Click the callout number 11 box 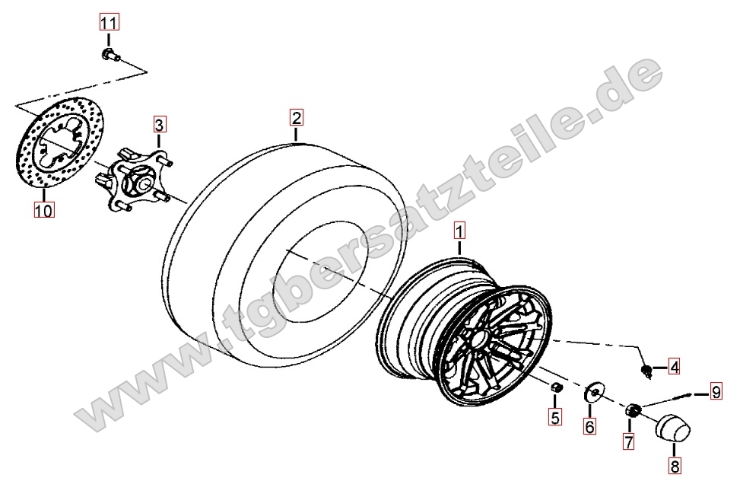(109, 22)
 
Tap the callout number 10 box (44, 210)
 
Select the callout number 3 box (160, 125)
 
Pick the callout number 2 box (297, 117)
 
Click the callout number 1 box (459, 231)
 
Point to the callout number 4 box (675, 367)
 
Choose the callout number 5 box (555, 417)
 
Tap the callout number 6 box (590, 426)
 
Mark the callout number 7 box (629, 441)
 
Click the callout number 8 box (675, 467)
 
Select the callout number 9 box (716, 392)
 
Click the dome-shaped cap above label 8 (672, 429)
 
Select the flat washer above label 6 (592, 392)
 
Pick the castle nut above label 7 (633, 410)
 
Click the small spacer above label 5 (557, 387)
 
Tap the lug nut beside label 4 (647, 371)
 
